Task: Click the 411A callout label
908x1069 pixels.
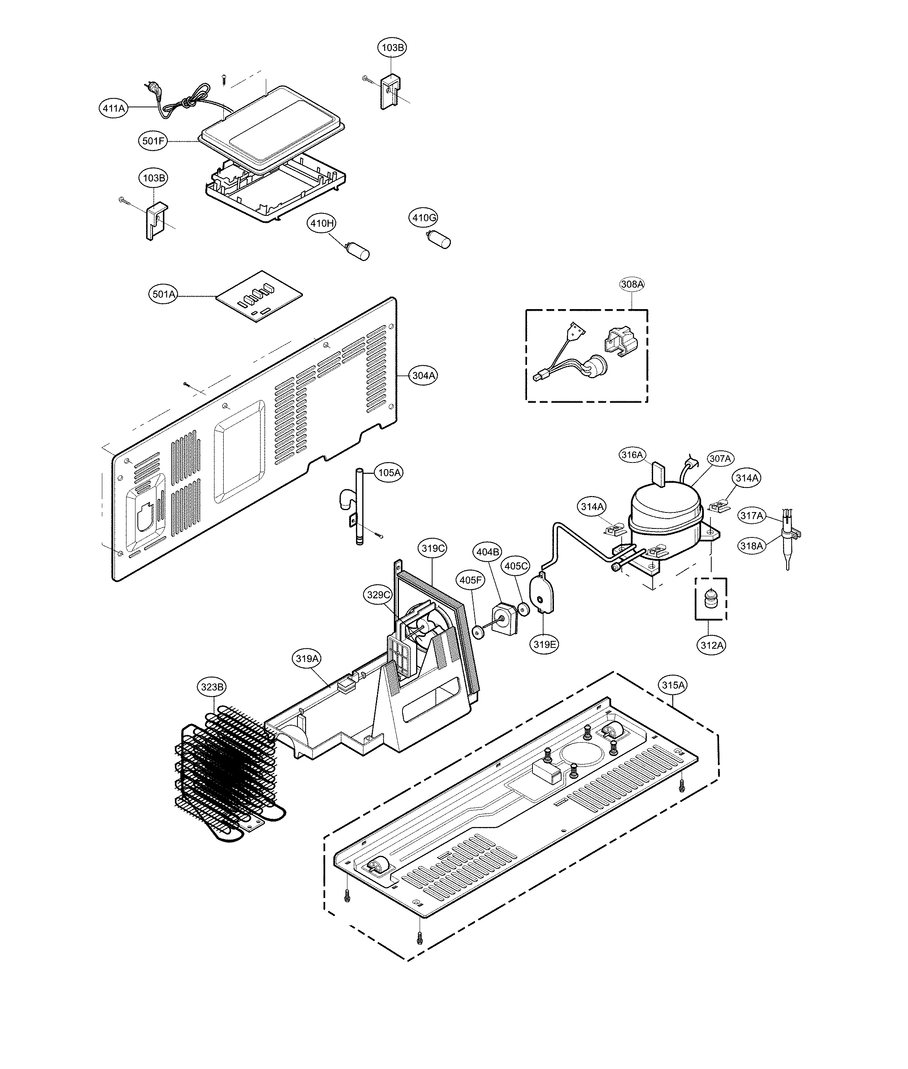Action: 113,108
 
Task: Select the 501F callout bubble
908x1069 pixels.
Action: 153,141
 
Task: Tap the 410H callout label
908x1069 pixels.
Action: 322,223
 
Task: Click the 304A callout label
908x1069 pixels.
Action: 424,376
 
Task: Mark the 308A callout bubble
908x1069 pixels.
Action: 632,284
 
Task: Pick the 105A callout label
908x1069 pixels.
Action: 389,473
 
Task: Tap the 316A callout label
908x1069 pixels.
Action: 632,455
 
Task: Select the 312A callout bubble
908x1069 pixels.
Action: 712,645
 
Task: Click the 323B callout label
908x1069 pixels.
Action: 212,687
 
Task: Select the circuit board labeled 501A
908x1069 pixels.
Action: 259,297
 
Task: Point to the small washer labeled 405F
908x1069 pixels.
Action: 479,632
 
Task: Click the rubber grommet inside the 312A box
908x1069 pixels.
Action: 711,599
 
